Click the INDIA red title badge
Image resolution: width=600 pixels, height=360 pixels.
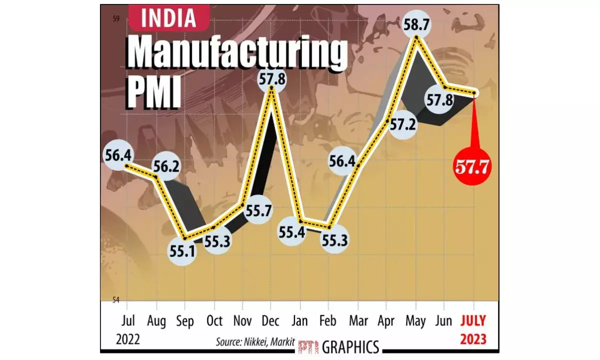pyautogui.click(x=168, y=18)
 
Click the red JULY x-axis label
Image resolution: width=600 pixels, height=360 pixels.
pyautogui.click(x=473, y=320)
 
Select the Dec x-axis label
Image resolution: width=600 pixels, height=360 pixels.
pyautogui.click(x=271, y=320)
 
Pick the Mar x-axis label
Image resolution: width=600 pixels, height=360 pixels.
pyautogui.click(x=357, y=320)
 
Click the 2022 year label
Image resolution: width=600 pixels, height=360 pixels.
pyautogui.click(x=128, y=339)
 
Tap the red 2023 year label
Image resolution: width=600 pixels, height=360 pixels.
pyautogui.click(x=473, y=339)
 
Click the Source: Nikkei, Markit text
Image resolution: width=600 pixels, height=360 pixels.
pyautogui.click(x=255, y=342)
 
